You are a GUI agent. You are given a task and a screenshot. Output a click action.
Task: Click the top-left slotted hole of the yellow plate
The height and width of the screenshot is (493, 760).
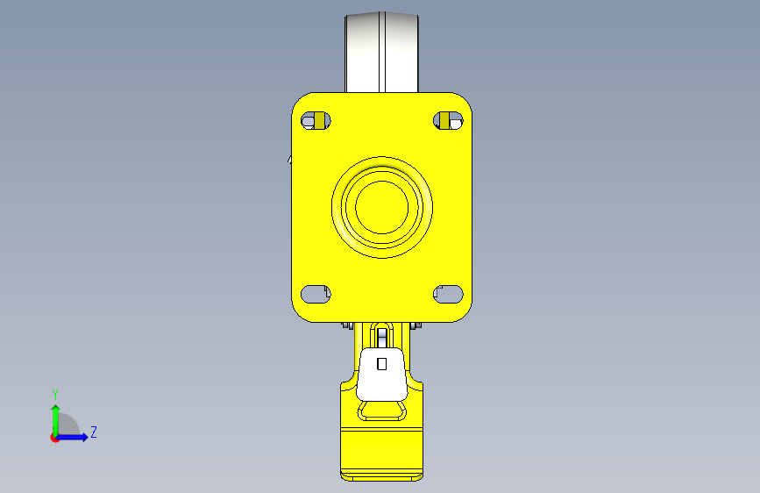[316, 121]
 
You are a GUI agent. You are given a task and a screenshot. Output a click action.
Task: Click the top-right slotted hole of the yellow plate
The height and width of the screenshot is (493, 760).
[448, 121]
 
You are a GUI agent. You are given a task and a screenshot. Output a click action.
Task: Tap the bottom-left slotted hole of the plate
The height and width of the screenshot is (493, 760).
[316, 294]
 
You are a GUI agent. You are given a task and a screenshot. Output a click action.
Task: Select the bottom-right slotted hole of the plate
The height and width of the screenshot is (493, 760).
[448, 294]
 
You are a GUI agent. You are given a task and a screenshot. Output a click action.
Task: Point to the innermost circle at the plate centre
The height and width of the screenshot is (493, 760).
[382, 207]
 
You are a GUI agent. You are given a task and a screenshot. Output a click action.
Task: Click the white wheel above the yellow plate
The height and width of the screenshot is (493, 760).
[381, 53]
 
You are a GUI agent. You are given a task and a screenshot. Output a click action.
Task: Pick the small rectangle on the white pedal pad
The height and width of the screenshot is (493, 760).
[381, 364]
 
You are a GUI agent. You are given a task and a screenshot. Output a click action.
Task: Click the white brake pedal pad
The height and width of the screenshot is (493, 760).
[381, 375]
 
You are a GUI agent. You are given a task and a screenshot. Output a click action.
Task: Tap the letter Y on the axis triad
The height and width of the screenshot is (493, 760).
[55, 395]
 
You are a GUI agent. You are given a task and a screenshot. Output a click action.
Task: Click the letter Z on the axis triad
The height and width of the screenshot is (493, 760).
[94, 432]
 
